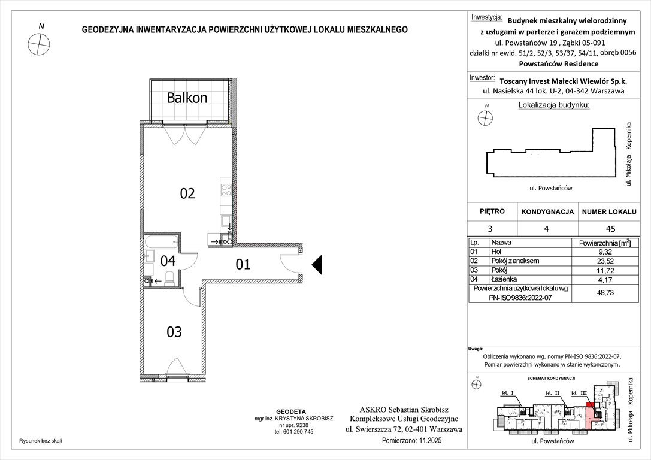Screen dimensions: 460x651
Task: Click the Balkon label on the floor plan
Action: click(187, 98)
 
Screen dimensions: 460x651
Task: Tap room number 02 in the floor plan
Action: click(187, 193)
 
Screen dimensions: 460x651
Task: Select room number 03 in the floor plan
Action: click(174, 332)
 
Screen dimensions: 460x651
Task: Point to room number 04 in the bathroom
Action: click(168, 261)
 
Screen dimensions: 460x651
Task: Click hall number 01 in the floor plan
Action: click(242, 264)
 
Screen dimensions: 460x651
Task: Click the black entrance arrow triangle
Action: click(317, 264)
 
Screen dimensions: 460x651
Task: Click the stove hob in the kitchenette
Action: click(226, 190)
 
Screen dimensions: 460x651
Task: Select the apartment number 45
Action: click(610, 228)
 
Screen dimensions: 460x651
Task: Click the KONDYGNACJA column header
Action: click(547, 212)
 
